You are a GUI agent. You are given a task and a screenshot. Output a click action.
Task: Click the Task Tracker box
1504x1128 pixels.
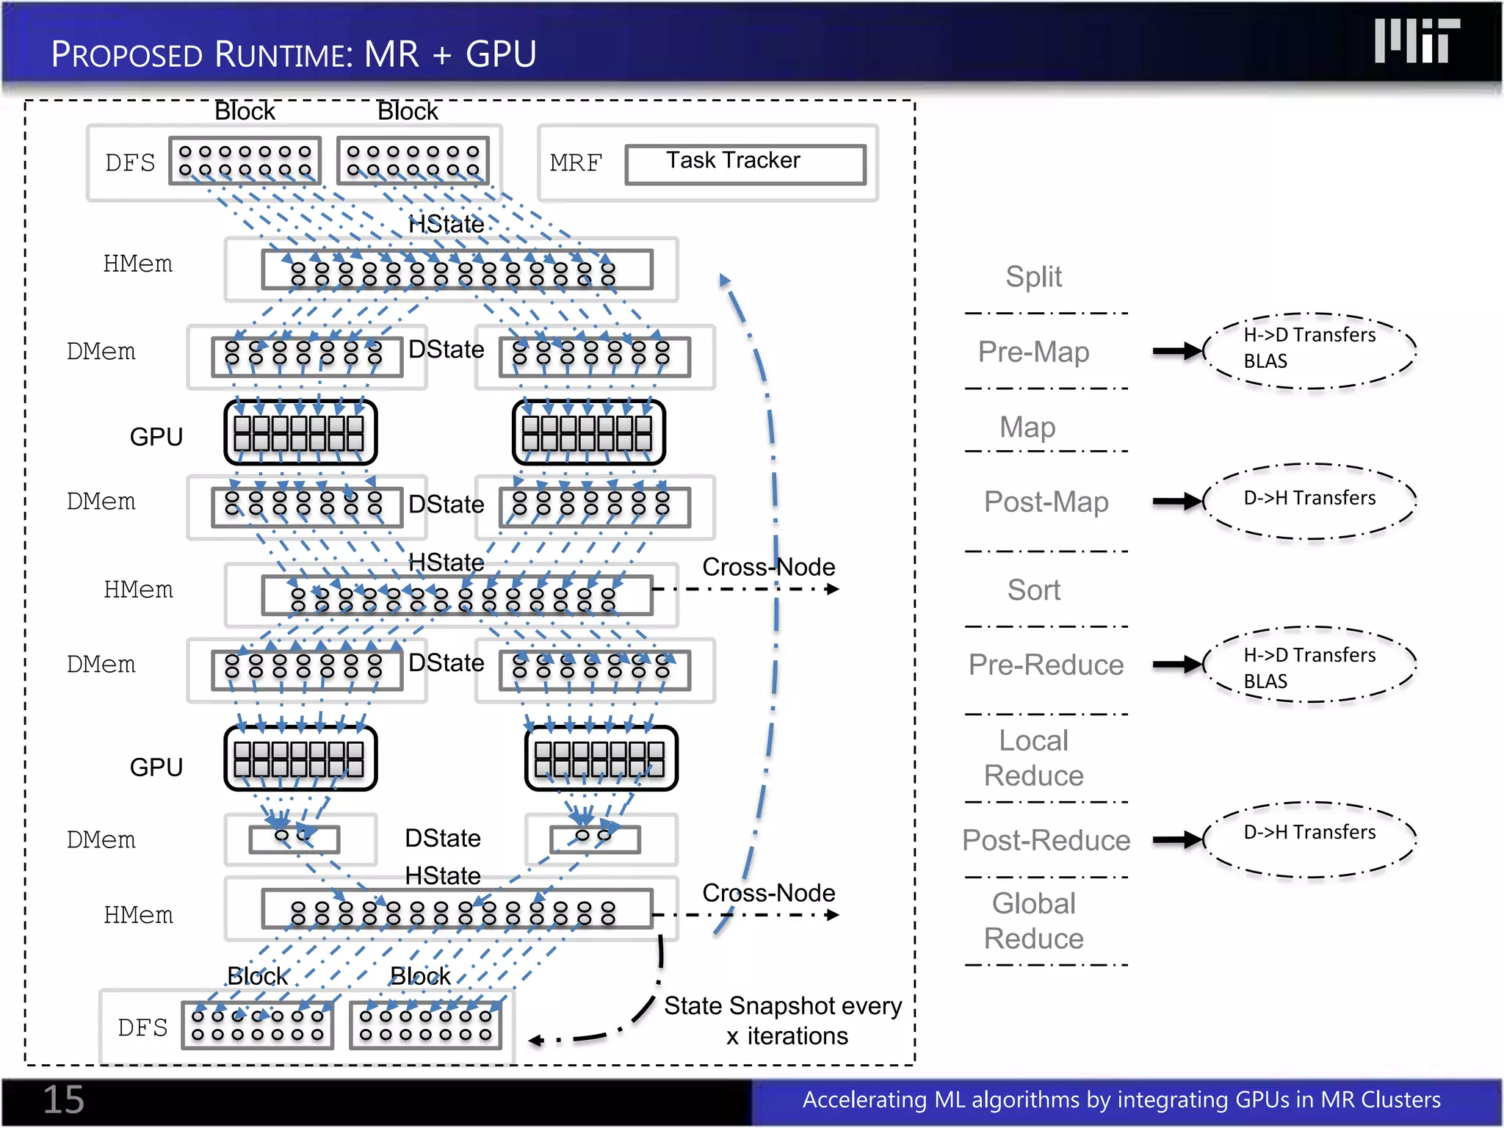pyautogui.click(x=745, y=163)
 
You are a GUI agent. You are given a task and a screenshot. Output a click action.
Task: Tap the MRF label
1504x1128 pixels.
pyautogui.click(x=575, y=162)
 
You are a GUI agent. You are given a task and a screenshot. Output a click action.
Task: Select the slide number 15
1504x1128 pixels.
pyautogui.click(x=63, y=1099)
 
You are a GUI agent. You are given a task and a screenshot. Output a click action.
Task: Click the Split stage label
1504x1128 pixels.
pyautogui.click(x=1033, y=277)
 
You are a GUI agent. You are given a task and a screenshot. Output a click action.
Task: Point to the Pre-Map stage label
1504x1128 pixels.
pyautogui.click(x=1033, y=352)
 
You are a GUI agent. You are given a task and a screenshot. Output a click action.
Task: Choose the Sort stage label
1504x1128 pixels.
pyautogui.click(x=1033, y=590)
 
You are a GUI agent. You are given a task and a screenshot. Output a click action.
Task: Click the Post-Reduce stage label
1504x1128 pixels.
pyautogui.click(x=1046, y=840)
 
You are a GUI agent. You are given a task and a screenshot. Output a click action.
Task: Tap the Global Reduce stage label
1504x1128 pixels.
pyautogui.click(x=1033, y=921)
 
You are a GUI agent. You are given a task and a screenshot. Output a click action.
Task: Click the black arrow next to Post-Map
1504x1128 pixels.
pyautogui.click(x=1177, y=502)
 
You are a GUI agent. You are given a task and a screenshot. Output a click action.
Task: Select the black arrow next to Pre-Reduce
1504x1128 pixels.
pyautogui.click(x=1177, y=665)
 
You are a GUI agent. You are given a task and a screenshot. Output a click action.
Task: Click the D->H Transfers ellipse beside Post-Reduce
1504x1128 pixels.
pyautogui.click(x=1309, y=839)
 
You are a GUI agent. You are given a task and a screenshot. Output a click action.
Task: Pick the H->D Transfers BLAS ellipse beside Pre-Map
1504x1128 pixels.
pyautogui.click(x=1309, y=350)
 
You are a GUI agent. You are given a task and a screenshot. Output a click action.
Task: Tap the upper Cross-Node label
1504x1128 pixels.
pyautogui.click(x=768, y=567)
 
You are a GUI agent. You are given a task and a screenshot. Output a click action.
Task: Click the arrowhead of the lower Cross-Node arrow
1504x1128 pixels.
pyautogui.click(x=832, y=915)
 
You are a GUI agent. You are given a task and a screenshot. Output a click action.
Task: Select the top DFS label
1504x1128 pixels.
pyautogui.click(x=130, y=162)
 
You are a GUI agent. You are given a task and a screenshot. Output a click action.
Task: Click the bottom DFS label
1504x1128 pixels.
pyautogui.click(x=142, y=1027)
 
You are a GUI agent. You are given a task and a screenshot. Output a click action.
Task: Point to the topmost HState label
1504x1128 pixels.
pyautogui.click(x=446, y=224)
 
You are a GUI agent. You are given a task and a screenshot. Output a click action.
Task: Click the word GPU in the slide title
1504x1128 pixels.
pyautogui.click(x=501, y=54)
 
